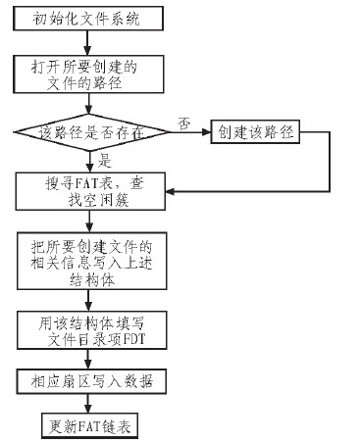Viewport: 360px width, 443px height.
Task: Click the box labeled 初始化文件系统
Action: (x=86, y=19)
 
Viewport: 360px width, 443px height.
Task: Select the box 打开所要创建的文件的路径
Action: (x=86, y=78)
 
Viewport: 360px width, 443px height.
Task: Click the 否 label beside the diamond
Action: (x=182, y=121)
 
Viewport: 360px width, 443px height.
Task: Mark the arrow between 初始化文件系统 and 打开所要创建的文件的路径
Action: (x=86, y=43)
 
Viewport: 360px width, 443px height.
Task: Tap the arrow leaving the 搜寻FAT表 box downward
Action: (x=86, y=221)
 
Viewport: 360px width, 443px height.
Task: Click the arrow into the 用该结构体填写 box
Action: (x=86, y=298)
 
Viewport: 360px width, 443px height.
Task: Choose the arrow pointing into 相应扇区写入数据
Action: (x=86, y=357)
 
